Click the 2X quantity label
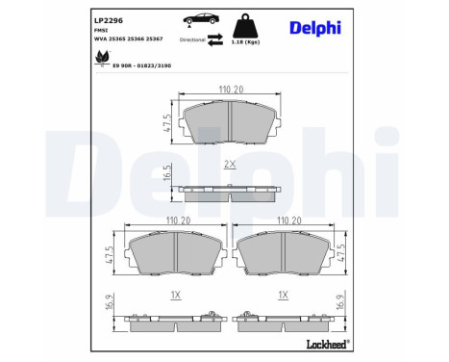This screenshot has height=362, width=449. tap(229, 165)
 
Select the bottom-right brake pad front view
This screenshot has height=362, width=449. tap(285, 257)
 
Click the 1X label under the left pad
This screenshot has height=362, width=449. tap(174, 295)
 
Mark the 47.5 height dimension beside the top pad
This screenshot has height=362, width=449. tap(166, 122)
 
